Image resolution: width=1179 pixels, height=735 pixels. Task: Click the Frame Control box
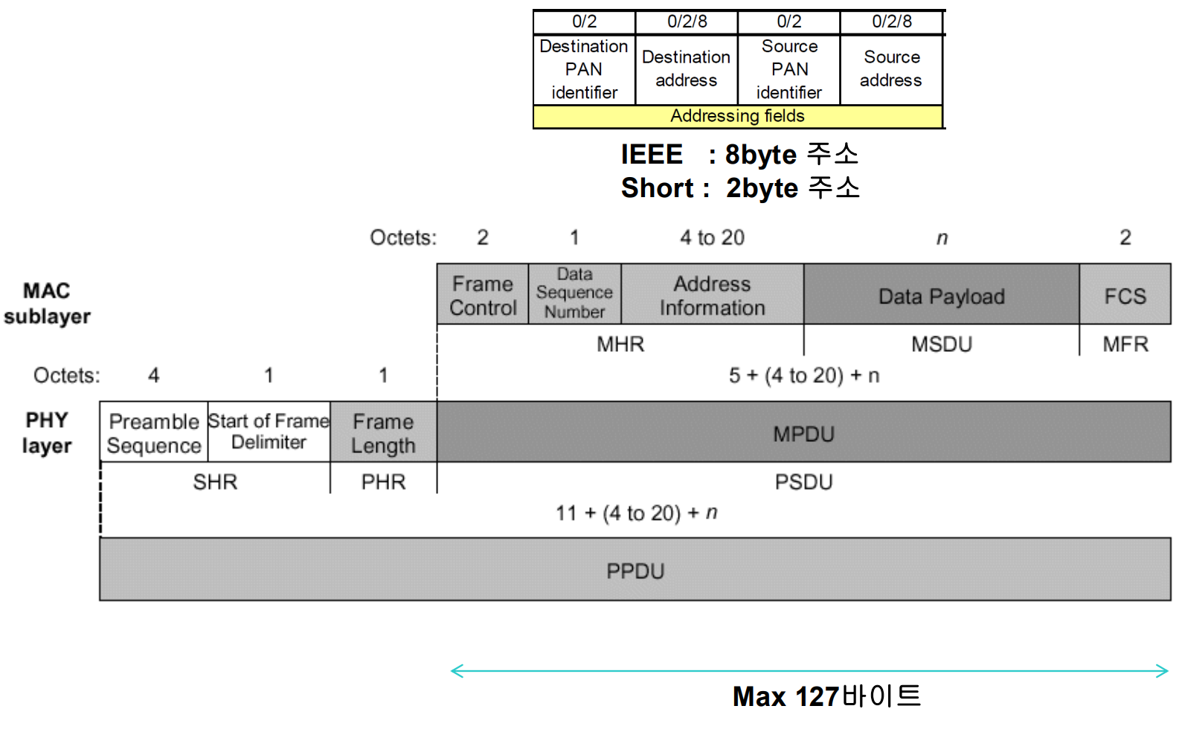pos(482,295)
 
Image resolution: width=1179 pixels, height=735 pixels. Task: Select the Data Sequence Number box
pos(574,294)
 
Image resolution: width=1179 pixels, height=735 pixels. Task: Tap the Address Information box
pos(712,295)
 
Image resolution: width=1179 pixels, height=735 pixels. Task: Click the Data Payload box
pos(941,295)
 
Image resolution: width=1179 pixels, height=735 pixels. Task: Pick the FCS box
pos(1125,295)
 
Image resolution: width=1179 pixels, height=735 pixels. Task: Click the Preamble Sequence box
pos(154,432)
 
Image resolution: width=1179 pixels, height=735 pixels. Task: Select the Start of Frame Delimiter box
pos(269,431)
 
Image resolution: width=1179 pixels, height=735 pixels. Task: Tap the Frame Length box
pos(383,432)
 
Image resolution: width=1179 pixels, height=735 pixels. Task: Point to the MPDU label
pos(803,434)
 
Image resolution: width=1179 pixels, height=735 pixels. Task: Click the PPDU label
pos(635,571)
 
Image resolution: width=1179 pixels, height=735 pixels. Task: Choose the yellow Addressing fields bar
pos(737,116)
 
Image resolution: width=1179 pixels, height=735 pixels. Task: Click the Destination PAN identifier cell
pos(584,69)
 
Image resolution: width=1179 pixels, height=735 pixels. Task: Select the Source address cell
pos(891,68)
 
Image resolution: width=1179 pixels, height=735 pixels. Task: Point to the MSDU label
pos(941,344)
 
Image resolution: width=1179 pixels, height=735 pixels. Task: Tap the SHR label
pos(215,482)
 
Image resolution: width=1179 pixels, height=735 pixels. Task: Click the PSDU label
pos(803,482)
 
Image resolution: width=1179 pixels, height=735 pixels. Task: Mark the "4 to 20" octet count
pos(712,237)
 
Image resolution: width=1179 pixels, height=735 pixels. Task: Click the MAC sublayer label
pos(47,303)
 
